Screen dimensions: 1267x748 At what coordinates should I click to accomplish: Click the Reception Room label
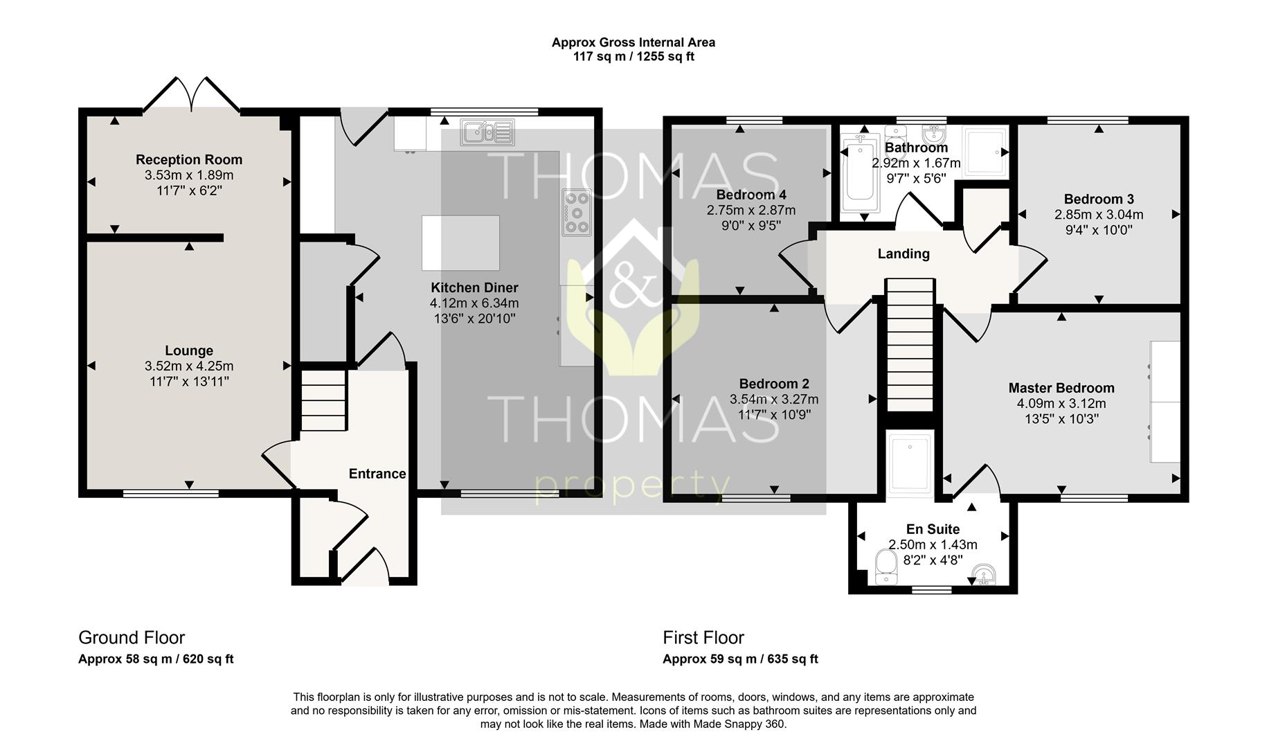[189, 160]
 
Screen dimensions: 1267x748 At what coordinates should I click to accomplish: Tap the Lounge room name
[189, 351]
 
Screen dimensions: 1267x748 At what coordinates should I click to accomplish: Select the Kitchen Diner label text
[474, 287]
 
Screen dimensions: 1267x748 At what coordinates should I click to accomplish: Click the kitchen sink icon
[487, 132]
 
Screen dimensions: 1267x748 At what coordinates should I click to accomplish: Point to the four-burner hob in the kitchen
[577, 212]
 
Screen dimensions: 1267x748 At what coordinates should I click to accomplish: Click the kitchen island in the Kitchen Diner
[460, 242]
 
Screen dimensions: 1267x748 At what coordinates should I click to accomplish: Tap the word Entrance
[377, 474]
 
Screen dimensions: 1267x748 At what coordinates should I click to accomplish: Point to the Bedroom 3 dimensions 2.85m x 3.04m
[1099, 215]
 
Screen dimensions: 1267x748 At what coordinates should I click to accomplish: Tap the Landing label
[904, 254]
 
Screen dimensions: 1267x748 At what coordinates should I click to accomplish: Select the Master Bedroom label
[1061, 388]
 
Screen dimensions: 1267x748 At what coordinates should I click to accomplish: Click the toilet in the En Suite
[886, 567]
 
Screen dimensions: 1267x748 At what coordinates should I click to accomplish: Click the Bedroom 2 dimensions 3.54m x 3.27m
[774, 400]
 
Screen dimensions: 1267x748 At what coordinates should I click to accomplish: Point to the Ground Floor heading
[132, 637]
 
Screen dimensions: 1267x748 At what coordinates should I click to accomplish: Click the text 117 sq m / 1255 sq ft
[633, 57]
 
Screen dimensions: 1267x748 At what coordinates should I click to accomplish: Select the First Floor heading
[703, 637]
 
